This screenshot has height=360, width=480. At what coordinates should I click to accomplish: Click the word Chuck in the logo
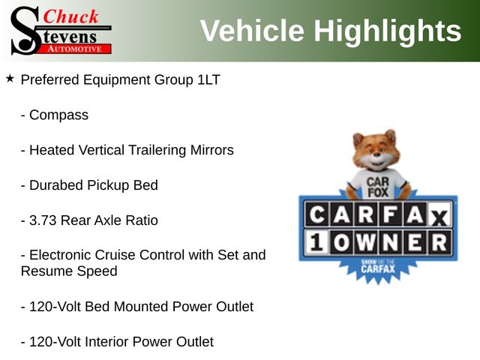click(x=70, y=16)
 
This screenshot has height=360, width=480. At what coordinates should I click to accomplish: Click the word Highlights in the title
click(x=388, y=31)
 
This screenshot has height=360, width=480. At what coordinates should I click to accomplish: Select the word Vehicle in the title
click(x=252, y=30)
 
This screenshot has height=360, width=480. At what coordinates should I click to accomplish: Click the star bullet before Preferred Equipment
click(x=10, y=79)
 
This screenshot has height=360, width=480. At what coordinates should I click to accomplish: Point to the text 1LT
click(x=208, y=79)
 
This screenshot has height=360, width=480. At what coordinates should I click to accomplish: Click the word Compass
click(x=58, y=115)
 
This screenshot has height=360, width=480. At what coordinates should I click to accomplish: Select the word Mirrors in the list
click(x=211, y=150)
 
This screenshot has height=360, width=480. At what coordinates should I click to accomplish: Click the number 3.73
click(x=43, y=220)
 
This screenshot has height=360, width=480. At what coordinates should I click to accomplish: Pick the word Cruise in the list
click(x=115, y=255)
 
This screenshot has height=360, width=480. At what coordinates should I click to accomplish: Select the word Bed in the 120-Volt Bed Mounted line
click(x=97, y=307)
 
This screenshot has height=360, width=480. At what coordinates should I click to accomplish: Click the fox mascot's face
click(x=376, y=152)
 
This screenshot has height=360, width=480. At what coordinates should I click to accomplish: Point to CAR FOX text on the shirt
click(x=378, y=187)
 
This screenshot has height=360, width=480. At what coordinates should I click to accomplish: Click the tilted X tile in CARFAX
click(x=439, y=216)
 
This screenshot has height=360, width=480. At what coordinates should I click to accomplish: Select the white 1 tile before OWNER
click(x=316, y=241)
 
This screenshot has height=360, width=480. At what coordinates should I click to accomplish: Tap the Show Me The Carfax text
click(x=378, y=266)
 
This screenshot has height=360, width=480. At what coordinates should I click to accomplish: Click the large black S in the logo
click(x=25, y=31)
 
